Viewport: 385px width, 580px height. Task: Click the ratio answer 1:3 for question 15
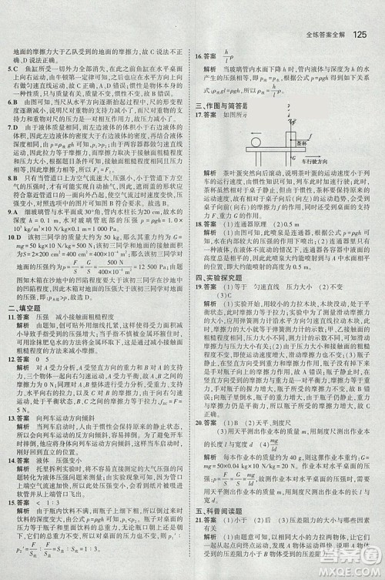click(61, 502)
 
